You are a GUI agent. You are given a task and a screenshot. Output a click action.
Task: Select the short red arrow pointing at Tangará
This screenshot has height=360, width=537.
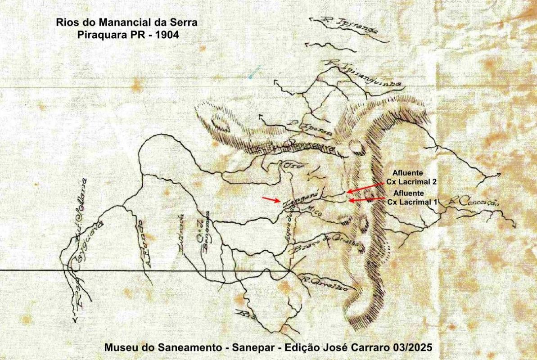click(x=272, y=200)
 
